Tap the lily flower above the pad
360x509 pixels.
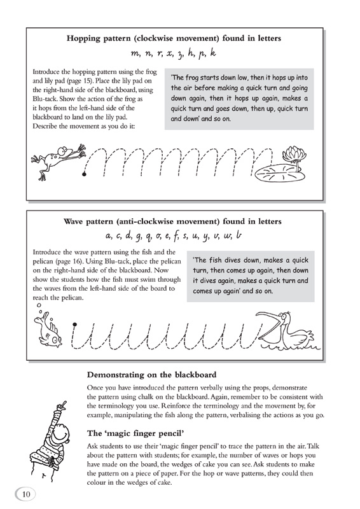pos(294,155)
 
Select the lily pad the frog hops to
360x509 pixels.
pos(279,174)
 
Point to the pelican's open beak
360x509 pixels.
pos(267,324)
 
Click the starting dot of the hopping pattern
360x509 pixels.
pos(85,174)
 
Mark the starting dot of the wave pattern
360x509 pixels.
pos(74,324)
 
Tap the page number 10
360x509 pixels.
pos(25,494)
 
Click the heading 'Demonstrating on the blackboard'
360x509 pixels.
pos(151,375)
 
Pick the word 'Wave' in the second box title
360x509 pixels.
pos(73,221)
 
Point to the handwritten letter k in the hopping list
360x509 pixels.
pos(212,52)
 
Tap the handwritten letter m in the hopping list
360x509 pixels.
pos(135,53)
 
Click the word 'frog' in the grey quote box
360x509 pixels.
pos(191,78)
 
